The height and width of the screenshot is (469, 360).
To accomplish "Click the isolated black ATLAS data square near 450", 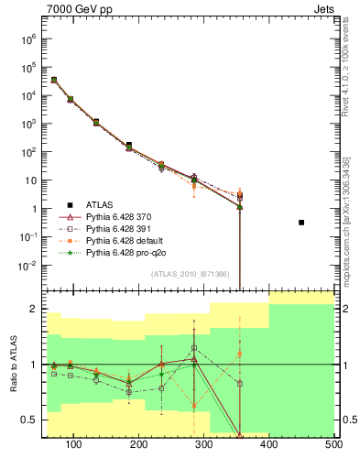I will coord(301,223).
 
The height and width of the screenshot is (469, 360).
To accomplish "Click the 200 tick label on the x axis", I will coord(139,444).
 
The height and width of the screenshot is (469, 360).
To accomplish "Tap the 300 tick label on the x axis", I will coord(204,444).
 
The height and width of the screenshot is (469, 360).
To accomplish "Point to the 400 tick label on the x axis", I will coord(269,444).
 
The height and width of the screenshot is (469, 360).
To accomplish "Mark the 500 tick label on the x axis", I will coord(333,444).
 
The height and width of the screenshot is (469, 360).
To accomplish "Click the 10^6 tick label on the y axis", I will coord(27,39).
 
